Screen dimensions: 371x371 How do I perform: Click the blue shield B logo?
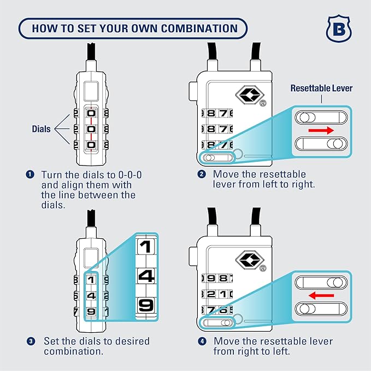(338, 29)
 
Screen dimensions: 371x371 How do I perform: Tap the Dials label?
(40, 129)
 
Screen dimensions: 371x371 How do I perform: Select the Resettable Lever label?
(321, 88)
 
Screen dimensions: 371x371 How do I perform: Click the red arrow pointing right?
(321, 131)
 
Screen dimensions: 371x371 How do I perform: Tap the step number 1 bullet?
(30, 174)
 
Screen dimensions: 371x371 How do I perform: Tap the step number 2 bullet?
(201, 174)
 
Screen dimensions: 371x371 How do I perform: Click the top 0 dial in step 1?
(91, 114)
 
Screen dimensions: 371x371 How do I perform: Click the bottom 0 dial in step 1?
(91, 145)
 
